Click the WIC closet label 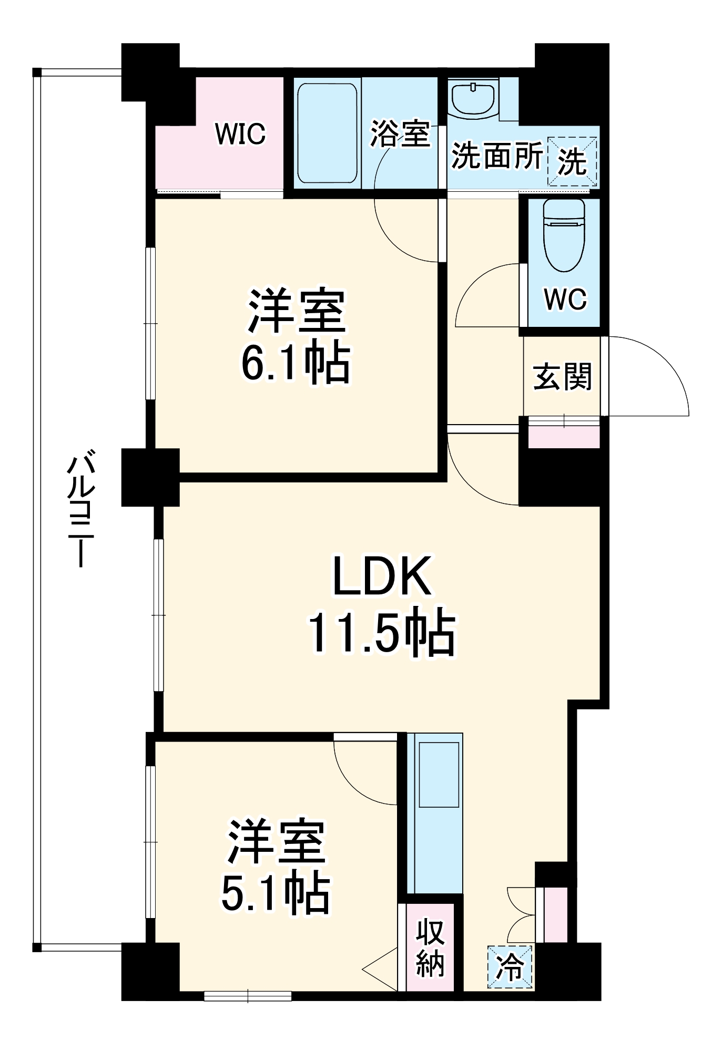coord(240,134)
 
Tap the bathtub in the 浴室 coord(327,133)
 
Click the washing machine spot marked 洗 coord(572,161)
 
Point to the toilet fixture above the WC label coord(564,234)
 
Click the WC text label coord(565,300)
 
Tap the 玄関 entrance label coord(562,377)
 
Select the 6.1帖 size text coord(296,364)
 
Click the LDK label coord(382,576)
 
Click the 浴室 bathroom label coord(400,133)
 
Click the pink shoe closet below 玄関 coord(564,437)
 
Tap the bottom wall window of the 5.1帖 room coord(248,996)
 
